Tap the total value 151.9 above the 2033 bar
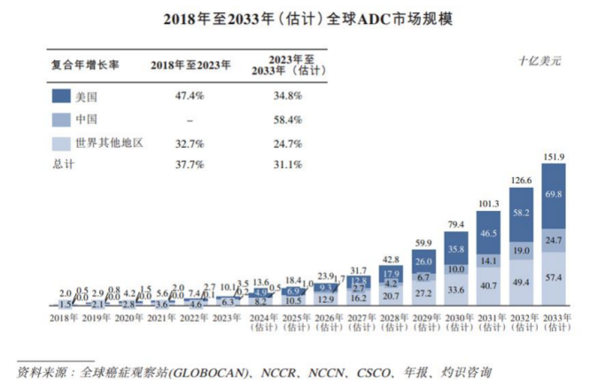point(553,158)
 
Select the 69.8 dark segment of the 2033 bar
point(553,194)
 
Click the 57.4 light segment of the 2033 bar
point(553,277)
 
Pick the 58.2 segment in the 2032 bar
point(520,213)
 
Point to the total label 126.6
point(520,180)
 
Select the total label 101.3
point(488,204)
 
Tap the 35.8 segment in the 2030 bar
point(456,249)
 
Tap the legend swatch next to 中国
point(60,119)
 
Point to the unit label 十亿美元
point(539,61)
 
